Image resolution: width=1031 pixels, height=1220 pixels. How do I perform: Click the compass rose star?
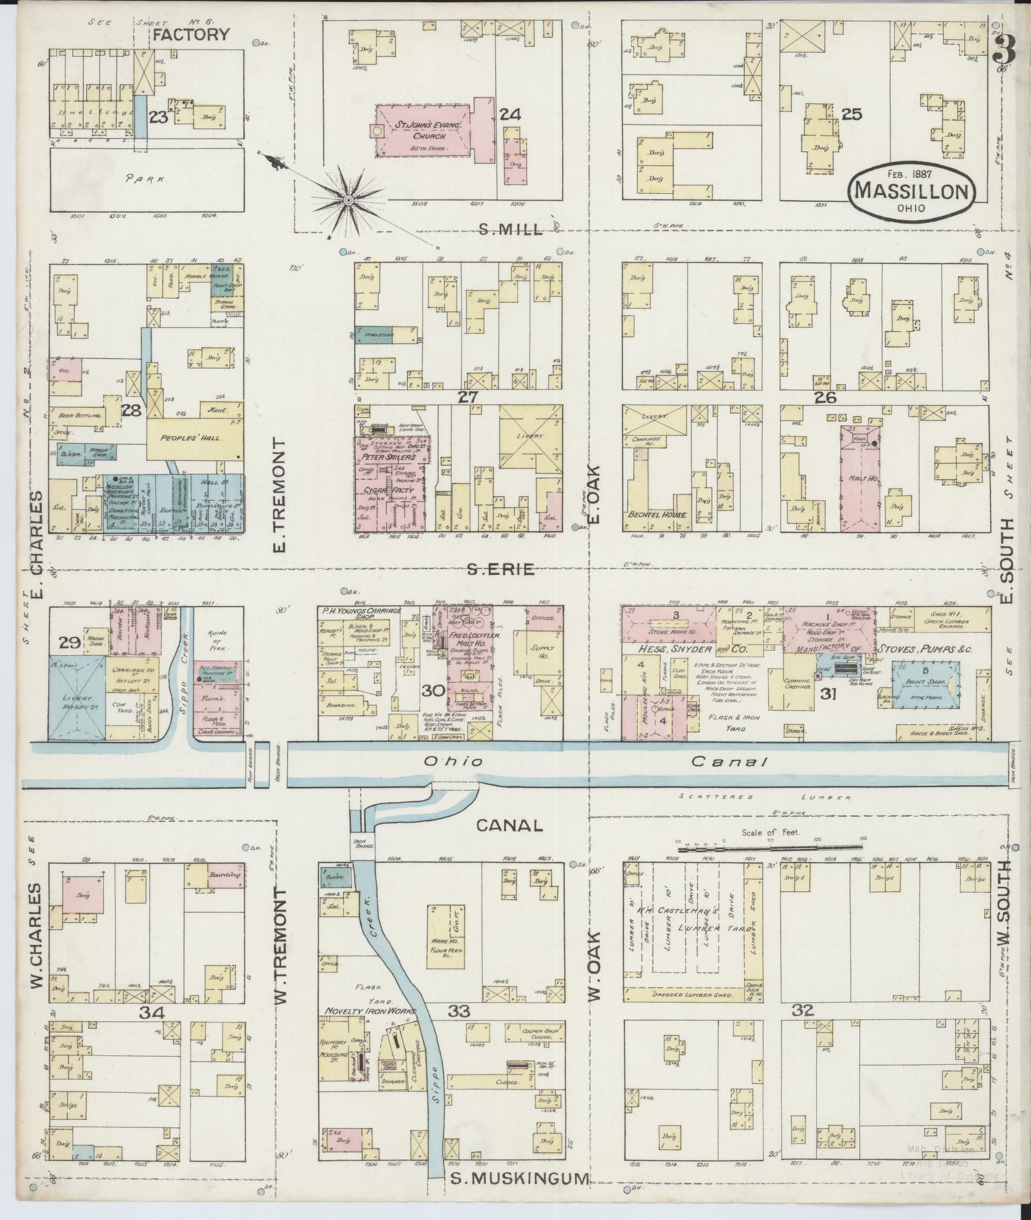point(348,201)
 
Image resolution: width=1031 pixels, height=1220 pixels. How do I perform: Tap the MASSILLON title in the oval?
point(912,191)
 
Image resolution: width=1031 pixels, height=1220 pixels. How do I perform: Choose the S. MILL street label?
point(511,229)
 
